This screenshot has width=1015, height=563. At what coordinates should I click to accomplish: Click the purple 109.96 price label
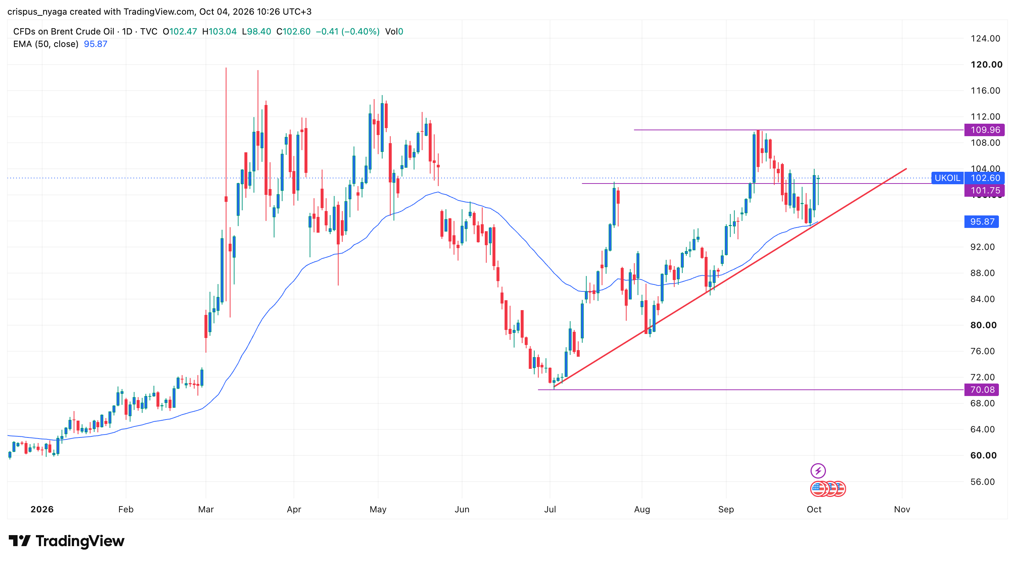(984, 130)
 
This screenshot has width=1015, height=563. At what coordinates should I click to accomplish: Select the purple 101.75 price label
(984, 190)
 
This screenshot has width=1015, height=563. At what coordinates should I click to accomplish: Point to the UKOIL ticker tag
(947, 178)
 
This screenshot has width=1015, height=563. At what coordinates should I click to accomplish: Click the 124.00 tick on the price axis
(985, 39)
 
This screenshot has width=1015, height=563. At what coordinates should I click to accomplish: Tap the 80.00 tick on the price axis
(983, 325)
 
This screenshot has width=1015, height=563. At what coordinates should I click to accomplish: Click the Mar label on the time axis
(206, 509)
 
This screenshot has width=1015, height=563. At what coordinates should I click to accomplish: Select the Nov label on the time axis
(902, 509)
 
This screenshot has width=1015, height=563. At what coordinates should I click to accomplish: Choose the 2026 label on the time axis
(42, 509)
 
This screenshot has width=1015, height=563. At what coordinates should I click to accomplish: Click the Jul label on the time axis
(550, 509)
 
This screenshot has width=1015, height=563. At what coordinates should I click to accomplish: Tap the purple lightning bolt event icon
(818, 471)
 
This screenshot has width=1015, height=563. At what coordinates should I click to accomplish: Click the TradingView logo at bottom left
(66, 541)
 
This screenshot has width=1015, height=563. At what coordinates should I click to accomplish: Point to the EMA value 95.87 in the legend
(95, 44)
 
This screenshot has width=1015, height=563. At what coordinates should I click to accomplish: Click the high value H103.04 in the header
(219, 32)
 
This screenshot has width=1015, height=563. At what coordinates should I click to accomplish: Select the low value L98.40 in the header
(256, 32)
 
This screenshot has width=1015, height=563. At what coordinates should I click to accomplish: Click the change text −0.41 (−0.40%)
(347, 32)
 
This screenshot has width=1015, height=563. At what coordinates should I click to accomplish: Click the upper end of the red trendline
(906, 169)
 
